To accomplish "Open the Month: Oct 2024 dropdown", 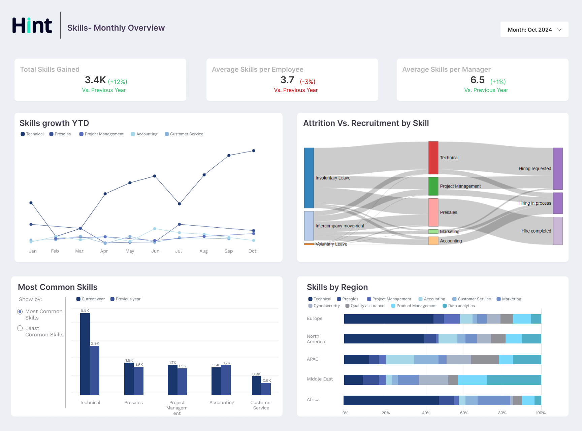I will click(534, 30).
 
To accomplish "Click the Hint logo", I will click(32, 26).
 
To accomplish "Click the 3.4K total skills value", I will click(95, 80).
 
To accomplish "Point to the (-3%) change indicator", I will click(308, 82).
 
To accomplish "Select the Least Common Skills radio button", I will click(20, 328).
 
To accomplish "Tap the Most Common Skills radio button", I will click(20, 312).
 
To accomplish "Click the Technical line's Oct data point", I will click(254, 151).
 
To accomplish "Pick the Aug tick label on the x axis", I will click(203, 251).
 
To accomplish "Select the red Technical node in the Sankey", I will click(433, 158).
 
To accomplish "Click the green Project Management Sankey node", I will click(433, 186).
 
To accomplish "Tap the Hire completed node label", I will click(536, 231).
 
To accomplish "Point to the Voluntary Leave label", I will click(331, 244).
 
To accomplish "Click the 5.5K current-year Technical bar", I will click(85, 354).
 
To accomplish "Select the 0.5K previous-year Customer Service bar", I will click(266, 389).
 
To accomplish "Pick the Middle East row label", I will click(320, 379).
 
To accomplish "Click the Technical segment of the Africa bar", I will click(391, 400).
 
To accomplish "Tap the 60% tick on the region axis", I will click(464, 413).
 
